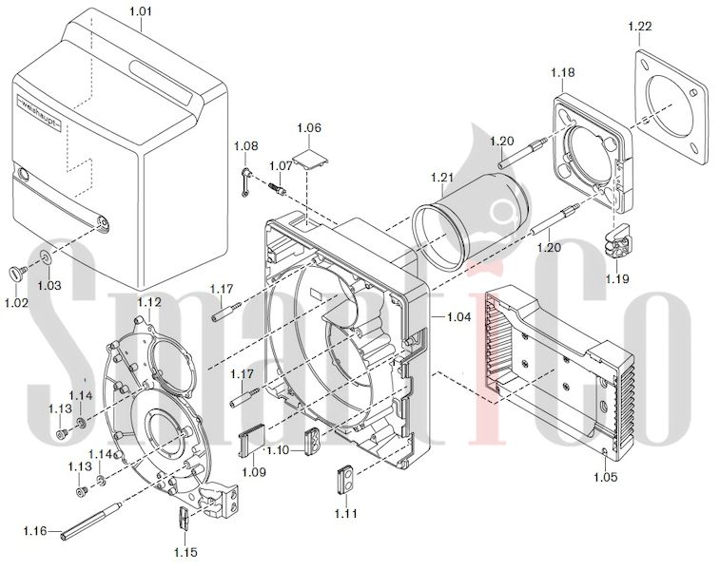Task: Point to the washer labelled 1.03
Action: click(x=46, y=256)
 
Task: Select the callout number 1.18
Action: click(x=562, y=72)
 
